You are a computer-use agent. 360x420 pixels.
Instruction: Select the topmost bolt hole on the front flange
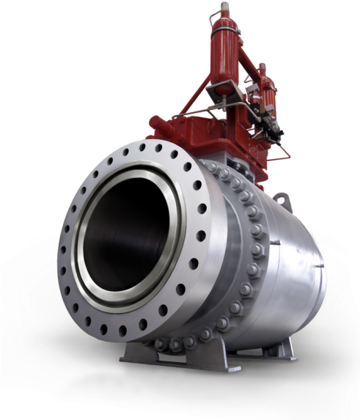(x=157, y=147)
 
